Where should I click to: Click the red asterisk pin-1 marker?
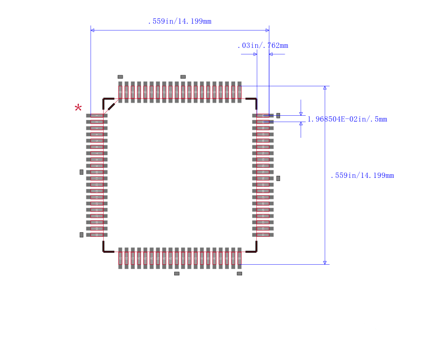78,108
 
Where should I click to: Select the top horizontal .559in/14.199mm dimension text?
179,22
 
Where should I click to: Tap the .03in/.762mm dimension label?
263,46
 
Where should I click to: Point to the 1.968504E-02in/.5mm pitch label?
347,119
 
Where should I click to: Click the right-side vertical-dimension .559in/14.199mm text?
362,176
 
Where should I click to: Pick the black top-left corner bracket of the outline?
106,101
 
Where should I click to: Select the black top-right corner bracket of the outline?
254,101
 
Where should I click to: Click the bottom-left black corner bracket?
106,249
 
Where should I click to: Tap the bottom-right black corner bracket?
254,249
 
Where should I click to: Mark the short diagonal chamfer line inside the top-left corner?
112,106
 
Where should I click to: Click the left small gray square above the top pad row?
120,77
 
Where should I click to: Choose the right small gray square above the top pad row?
183,77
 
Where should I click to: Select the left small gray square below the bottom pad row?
177,274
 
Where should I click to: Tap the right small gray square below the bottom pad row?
239,274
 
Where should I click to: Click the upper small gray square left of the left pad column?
82,172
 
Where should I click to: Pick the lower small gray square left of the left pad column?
82,235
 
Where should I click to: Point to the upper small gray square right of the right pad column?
278,115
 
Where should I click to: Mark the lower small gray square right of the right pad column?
278,178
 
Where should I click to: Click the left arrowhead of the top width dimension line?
93,31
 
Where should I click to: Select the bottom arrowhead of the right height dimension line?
325,262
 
